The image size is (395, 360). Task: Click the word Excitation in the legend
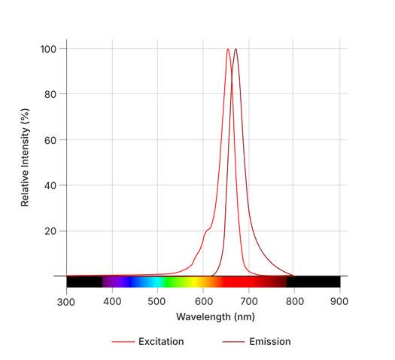161,342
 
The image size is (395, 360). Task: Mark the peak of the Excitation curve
228,50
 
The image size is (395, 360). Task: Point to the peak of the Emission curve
235,50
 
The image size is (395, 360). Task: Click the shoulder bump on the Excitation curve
207,229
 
